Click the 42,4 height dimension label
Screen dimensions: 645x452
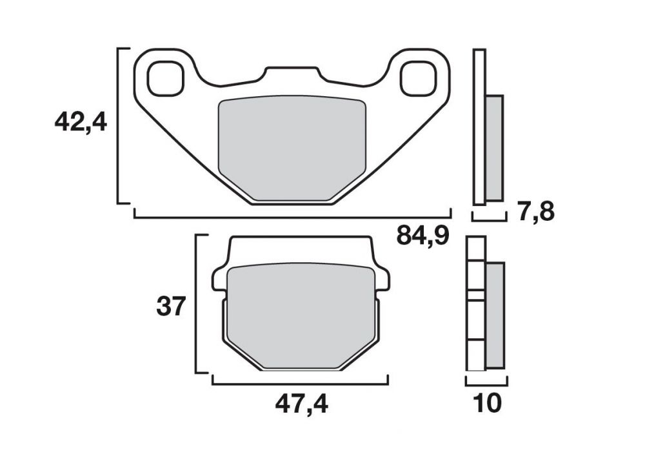81,122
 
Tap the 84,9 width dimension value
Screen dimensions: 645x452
422,236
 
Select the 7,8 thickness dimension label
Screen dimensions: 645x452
536,212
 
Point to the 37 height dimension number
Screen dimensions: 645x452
171,307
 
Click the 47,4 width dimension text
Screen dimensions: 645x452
301,405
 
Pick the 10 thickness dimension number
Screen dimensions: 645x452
488,404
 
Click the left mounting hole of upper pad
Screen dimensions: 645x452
165,79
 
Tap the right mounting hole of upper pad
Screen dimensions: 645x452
417,79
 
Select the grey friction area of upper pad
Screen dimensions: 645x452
292,149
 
